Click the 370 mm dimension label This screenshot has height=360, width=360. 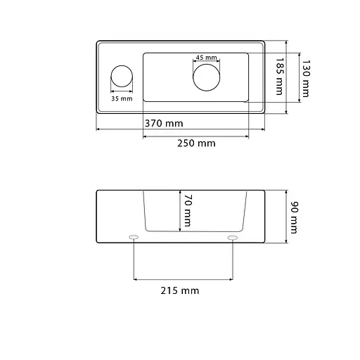click(x=164, y=123)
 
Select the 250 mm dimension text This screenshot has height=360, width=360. click(x=196, y=143)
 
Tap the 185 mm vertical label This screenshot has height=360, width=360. click(x=279, y=77)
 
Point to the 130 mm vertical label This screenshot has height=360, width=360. click(x=306, y=79)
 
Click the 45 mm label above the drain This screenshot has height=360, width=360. click(x=206, y=58)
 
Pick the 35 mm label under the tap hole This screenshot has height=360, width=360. click(x=122, y=98)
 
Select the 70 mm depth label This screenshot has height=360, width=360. click(x=188, y=210)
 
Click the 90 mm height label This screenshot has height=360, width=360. click(x=294, y=217)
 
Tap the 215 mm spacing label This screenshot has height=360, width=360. click(x=180, y=290)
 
